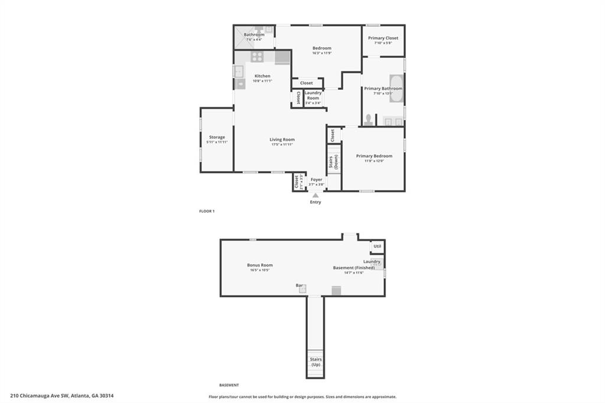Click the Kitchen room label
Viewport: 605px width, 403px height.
pos(262,76)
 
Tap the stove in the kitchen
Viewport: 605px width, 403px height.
pos(257,57)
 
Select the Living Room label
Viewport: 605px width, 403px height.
pos(282,139)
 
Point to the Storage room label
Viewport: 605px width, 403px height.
pos(217,137)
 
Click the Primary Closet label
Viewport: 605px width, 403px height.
pos(383,38)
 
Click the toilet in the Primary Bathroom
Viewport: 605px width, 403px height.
pos(368,120)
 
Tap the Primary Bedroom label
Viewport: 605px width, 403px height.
pos(374,156)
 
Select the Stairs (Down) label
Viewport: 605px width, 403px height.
pos(334,162)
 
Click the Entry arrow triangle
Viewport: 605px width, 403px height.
pos(315,196)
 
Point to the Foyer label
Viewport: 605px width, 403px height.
pos(317,180)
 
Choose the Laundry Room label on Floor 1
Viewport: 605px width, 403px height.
pos(313,93)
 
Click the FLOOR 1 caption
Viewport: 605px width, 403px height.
pos(207,211)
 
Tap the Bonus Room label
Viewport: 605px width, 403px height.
pos(260,265)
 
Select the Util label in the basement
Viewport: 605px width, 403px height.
pos(378,246)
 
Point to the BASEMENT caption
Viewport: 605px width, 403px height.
pos(229,385)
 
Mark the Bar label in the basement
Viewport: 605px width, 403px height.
pos(300,285)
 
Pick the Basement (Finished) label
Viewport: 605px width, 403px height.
pos(354,268)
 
